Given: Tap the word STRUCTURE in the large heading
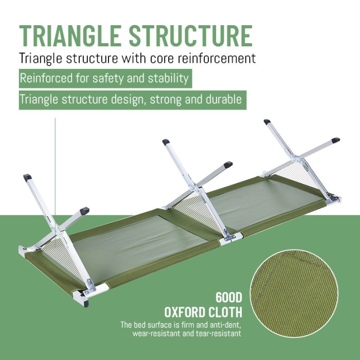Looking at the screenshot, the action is tap(191, 36).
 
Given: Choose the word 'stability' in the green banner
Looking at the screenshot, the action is tap(168, 78).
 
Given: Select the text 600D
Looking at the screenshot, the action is tap(229, 298).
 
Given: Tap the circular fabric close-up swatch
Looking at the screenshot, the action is tap(294, 294).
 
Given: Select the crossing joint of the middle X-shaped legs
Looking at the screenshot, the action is tap(196, 187).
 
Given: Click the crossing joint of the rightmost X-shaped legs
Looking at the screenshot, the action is tap(297, 158).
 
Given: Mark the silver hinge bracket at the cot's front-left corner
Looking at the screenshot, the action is tap(89, 287).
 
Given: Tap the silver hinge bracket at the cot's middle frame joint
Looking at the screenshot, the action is tap(229, 236).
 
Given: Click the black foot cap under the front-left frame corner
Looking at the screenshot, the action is tap(86, 304).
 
